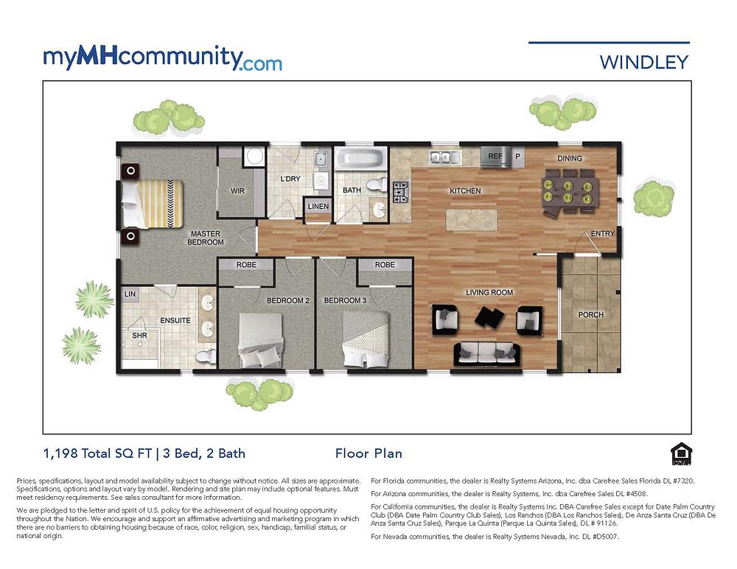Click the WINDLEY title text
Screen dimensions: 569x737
[x=643, y=61]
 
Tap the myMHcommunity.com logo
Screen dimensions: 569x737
[x=162, y=57]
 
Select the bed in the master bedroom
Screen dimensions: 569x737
[x=153, y=203]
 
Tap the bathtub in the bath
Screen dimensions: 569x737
[x=360, y=158]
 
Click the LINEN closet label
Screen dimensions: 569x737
[x=318, y=207]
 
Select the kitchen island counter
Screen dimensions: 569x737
[x=472, y=219]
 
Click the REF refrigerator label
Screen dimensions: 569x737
[x=495, y=157]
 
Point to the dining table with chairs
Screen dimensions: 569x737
[x=570, y=189]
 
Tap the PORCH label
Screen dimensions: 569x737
[x=590, y=315]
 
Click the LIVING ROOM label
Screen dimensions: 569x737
[x=489, y=293]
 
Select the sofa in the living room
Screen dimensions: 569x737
[x=486, y=353]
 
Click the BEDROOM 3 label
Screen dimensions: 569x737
[x=344, y=300]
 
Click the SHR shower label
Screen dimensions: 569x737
[x=139, y=336]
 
